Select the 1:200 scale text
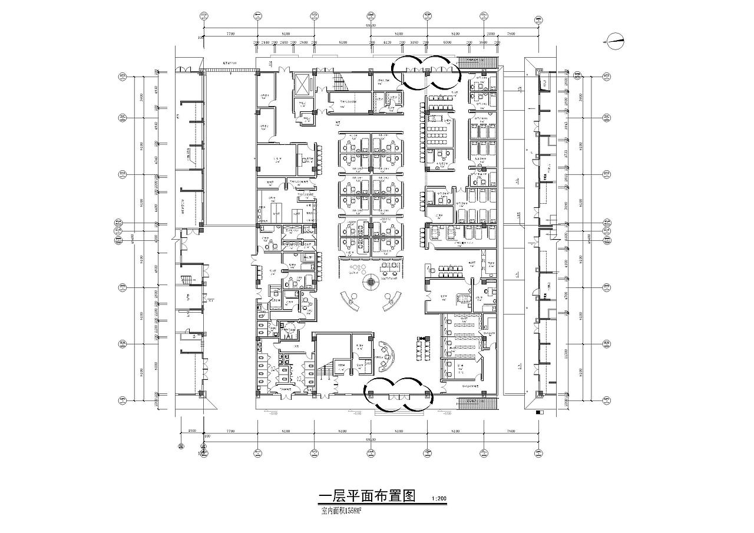tap(439, 499)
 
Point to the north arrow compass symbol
tap(615, 40)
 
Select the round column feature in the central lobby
tap(370, 282)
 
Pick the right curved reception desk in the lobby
tap(392, 300)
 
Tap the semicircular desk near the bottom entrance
tap(386, 356)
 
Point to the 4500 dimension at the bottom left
tap(191, 431)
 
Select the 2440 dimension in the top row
tap(266, 43)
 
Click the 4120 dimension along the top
tap(388, 43)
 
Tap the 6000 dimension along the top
tap(447, 43)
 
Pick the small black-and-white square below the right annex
tap(539, 413)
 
